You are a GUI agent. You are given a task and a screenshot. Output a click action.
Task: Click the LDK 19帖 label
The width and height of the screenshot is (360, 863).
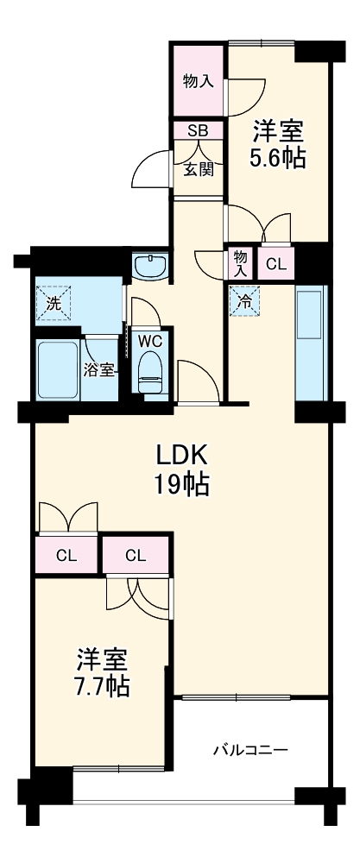click(x=182, y=469)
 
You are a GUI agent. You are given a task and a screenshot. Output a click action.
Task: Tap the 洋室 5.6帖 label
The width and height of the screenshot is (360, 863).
click(x=278, y=145)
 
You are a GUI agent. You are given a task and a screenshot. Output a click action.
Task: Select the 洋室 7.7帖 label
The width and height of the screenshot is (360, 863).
click(x=103, y=673)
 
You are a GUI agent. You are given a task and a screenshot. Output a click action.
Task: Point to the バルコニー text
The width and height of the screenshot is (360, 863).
click(x=250, y=749)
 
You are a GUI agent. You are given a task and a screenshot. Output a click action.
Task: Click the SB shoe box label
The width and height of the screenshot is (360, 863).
click(x=198, y=130)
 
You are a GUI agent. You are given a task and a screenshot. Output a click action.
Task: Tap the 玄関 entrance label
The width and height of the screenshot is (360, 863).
click(x=198, y=169)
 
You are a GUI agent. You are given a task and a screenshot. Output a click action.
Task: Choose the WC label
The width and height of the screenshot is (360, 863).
click(x=151, y=339)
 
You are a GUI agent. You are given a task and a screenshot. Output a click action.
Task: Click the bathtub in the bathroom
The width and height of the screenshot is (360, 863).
click(x=58, y=369)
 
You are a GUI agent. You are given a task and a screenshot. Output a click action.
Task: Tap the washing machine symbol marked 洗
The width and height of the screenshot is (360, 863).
click(x=53, y=303)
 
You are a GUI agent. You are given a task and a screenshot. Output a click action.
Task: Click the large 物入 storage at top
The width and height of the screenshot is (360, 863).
click(x=198, y=81)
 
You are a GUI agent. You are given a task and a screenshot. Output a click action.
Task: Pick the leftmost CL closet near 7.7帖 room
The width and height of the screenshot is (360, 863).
click(x=66, y=555)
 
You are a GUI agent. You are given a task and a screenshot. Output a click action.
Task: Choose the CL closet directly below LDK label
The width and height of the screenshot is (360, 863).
click(x=136, y=555)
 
